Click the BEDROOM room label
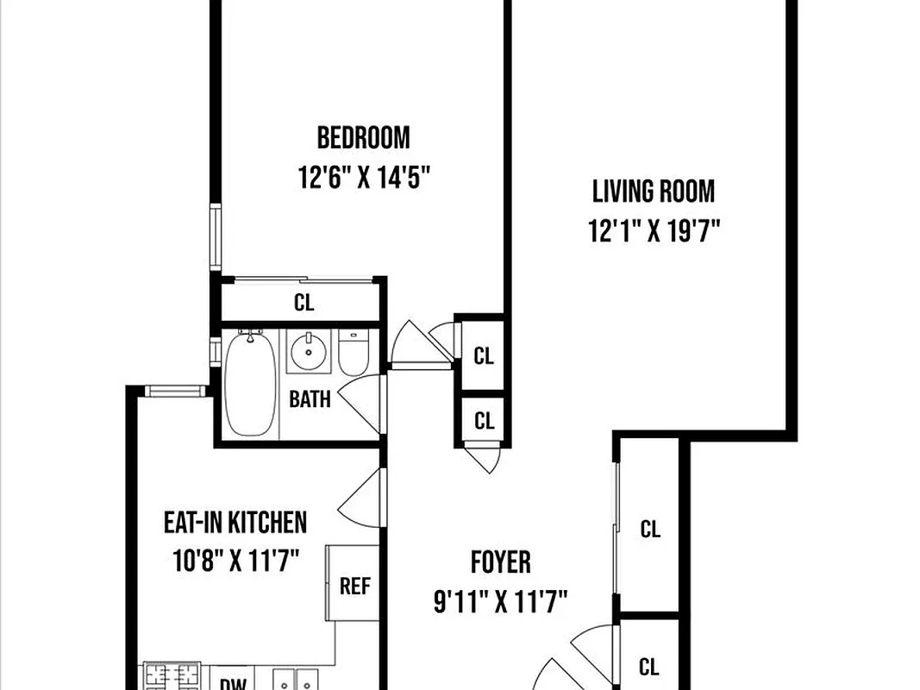363,137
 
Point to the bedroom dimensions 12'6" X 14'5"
363,179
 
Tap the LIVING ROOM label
653,191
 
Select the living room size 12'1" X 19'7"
653,231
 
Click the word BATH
309,399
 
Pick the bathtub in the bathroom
250,383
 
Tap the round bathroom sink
309,351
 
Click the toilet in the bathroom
354,351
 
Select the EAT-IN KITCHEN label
235,522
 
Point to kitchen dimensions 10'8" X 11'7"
235,562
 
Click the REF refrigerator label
354,586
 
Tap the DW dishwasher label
228,683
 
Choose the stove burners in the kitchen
171,676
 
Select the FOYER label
500,562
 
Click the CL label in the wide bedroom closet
304,303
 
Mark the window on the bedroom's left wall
216,236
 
